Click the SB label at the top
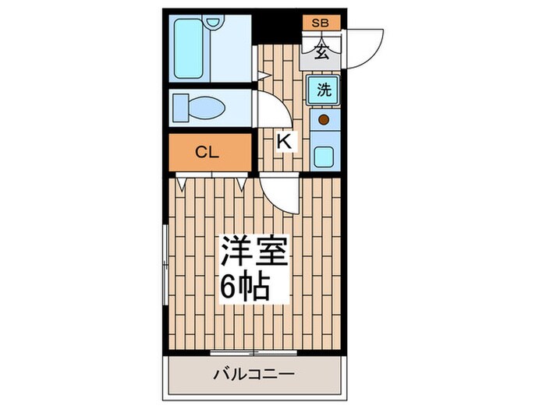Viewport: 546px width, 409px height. coord(321,23)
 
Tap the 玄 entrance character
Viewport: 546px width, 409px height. coord(321,53)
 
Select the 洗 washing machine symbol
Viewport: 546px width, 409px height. coord(323,90)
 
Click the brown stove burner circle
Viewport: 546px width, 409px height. coord(323,121)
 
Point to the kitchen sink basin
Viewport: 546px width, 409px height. coord(323,153)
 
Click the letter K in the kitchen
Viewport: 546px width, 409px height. coord(285,143)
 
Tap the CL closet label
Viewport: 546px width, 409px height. coord(205,153)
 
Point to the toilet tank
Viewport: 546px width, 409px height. coord(180,106)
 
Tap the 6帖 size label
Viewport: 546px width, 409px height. coord(244,287)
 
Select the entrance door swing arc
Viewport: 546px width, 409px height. coord(367,47)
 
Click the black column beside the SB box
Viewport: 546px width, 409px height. coord(280,27)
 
